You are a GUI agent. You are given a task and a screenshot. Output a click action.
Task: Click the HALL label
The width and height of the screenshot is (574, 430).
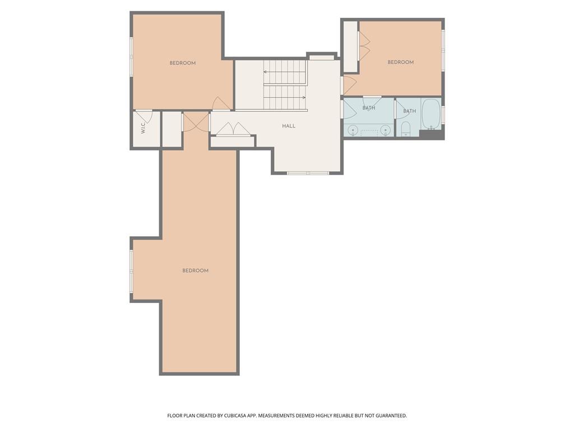click(x=289, y=126)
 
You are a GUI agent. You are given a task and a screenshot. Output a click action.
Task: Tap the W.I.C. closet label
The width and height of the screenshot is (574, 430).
click(x=143, y=128)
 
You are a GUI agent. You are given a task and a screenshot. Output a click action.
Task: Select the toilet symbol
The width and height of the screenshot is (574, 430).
click(x=405, y=129)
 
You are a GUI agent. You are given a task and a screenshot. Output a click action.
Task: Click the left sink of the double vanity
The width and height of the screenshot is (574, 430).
click(x=353, y=130)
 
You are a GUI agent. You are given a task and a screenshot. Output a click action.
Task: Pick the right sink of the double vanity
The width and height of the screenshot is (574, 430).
click(x=385, y=130)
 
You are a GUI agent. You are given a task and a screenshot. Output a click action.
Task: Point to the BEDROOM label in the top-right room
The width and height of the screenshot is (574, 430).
click(x=400, y=62)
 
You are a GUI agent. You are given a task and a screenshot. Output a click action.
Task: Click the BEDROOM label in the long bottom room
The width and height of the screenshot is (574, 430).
click(x=195, y=270)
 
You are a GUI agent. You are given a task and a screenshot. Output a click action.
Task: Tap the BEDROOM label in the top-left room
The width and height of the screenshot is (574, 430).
click(x=182, y=63)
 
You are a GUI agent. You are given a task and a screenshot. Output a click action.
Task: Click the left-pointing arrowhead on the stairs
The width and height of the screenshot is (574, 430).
click(x=265, y=72)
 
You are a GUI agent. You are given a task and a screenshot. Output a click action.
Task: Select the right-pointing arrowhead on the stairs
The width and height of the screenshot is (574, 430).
click(x=304, y=97)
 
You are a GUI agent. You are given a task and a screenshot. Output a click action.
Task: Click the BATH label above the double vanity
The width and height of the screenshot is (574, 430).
click(x=369, y=108)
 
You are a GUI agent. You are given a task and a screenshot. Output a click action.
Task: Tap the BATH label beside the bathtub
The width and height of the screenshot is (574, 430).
click(x=409, y=111)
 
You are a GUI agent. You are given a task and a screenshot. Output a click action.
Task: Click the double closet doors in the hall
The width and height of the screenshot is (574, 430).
click(x=233, y=129)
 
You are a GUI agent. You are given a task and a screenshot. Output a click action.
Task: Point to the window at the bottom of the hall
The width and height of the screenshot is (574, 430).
click(x=308, y=173)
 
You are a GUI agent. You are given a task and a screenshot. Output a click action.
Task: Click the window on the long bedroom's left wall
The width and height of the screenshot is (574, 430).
click(x=131, y=271)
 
